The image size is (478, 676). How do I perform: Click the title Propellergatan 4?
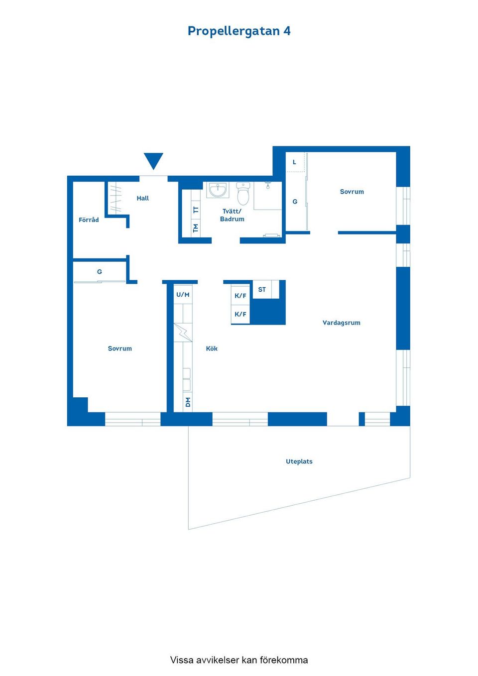[x=239, y=31]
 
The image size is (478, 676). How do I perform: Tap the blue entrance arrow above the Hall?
[x=153, y=160]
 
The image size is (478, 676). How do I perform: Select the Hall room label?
[x=143, y=198]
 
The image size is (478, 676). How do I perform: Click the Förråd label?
[x=89, y=220]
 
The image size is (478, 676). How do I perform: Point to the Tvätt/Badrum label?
[x=232, y=215]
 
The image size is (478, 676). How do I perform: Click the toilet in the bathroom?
[x=243, y=194]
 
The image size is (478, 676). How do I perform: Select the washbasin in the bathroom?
[x=218, y=190]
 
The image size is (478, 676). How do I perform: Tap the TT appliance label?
[x=196, y=210]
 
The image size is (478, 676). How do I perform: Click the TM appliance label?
[x=196, y=228]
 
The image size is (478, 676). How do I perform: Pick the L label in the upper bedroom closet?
[x=294, y=162]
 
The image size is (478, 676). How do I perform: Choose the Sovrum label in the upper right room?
[x=352, y=192]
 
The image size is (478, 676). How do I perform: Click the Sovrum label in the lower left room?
[x=120, y=348]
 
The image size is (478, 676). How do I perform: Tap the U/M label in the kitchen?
[x=183, y=295]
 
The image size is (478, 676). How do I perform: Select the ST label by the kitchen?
[x=262, y=290]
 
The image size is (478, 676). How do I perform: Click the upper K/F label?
[x=240, y=296]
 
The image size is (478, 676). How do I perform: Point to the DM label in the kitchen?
[x=188, y=402]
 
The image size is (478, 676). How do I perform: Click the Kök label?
[x=212, y=348]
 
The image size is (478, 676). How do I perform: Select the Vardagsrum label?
[x=341, y=323]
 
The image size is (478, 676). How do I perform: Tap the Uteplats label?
[x=299, y=461]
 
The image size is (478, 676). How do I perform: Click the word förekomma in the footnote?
[x=283, y=660]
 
